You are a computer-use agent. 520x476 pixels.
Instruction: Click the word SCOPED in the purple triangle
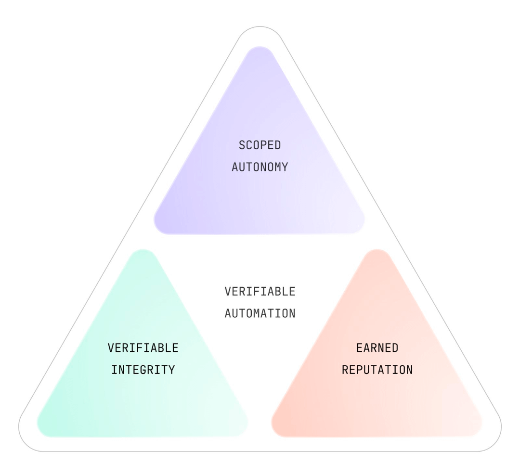point(260,145)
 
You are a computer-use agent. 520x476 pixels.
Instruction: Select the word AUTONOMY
point(260,167)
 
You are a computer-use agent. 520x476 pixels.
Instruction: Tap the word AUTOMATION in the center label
point(260,314)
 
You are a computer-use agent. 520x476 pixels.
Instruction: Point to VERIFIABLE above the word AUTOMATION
point(260,292)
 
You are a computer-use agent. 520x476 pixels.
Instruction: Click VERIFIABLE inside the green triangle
point(143,348)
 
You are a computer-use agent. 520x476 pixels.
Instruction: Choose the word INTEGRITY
point(143,370)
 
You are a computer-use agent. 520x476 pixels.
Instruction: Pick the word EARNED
point(377,348)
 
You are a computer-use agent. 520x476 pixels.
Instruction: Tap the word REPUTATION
point(377,370)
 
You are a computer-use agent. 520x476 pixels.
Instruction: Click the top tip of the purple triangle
point(260,47)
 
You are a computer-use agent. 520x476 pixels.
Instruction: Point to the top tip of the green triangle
point(143,250)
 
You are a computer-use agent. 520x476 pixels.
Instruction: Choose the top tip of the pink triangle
point(377,250)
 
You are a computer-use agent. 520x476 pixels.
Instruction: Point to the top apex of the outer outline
point(260,26)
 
